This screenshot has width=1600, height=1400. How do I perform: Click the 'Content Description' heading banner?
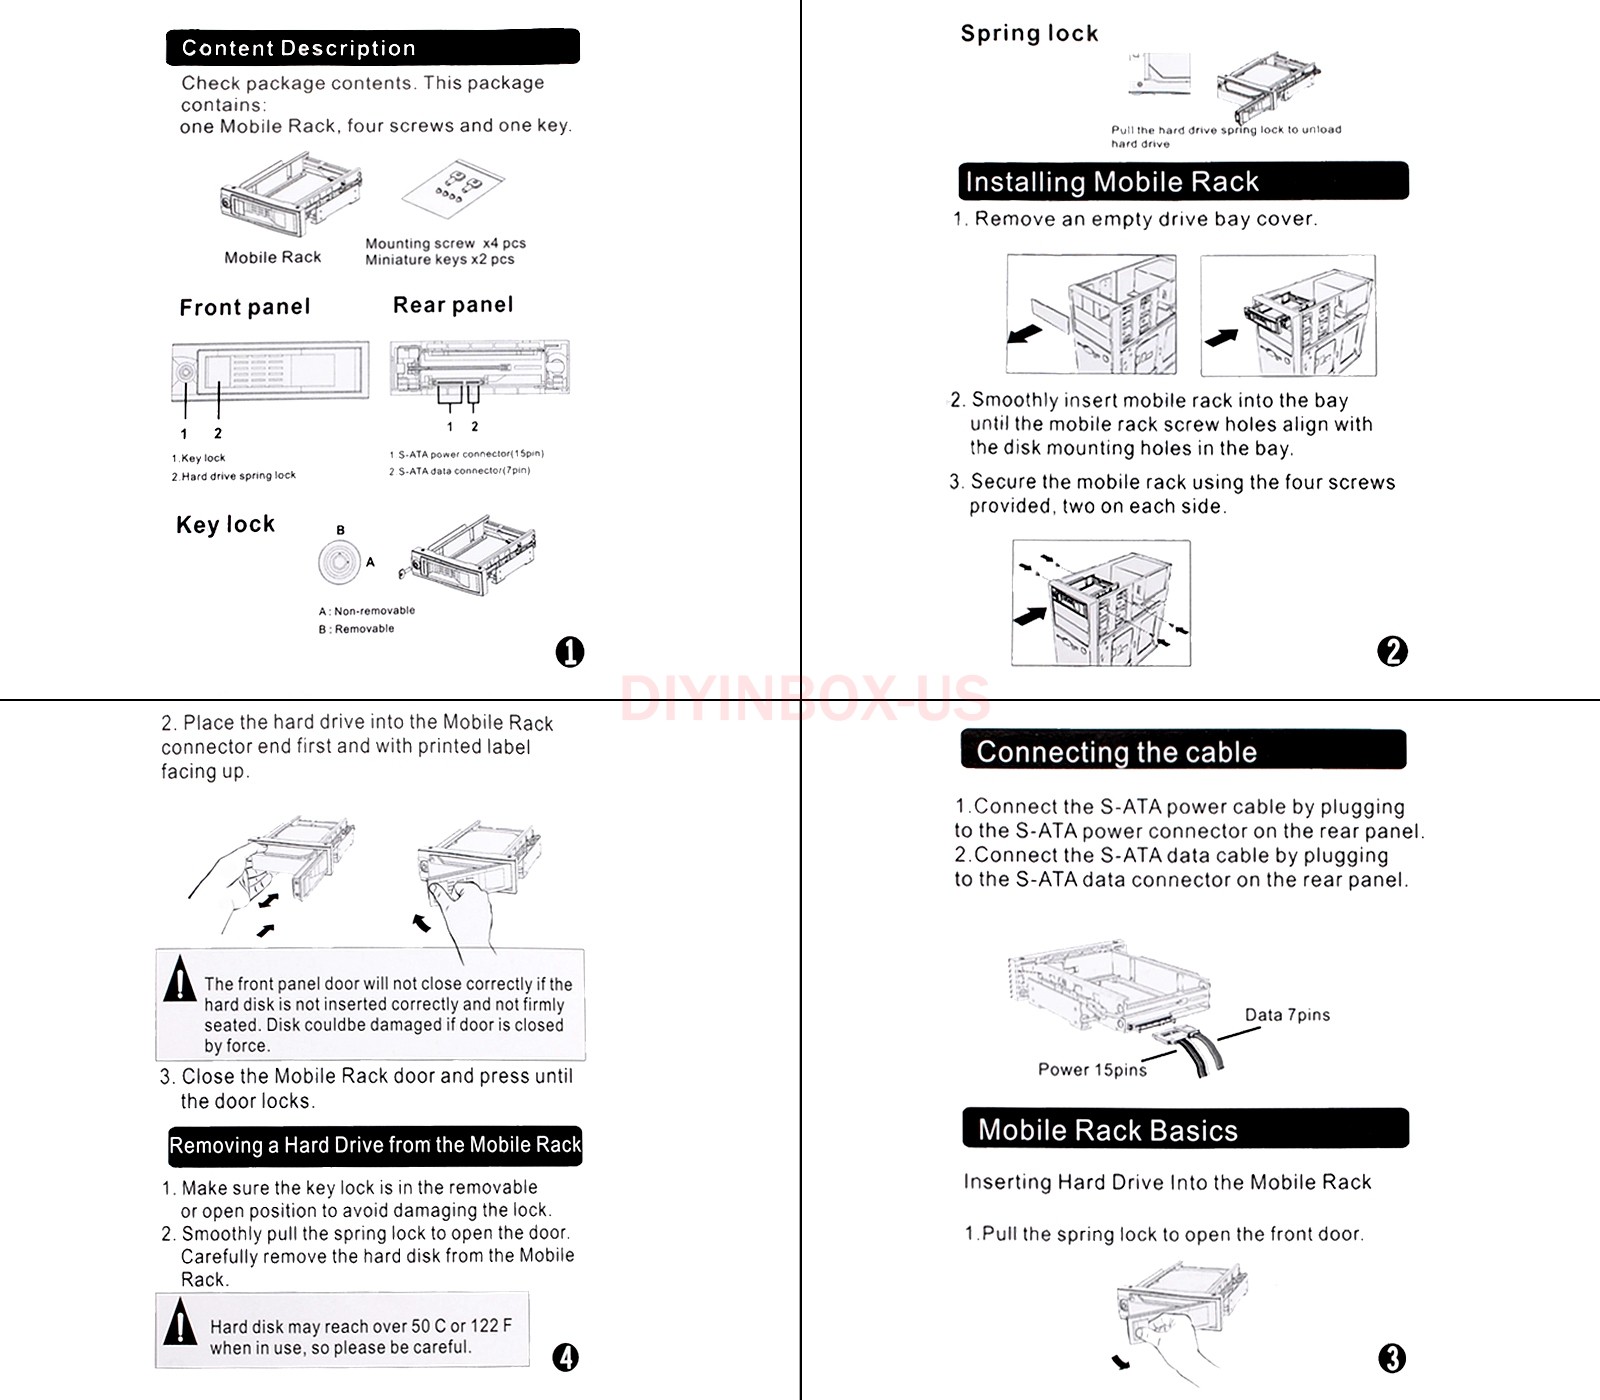372,48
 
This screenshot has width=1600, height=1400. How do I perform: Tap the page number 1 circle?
569,652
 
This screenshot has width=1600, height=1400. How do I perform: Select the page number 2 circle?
1392,651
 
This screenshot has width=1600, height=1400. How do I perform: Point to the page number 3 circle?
1391,1358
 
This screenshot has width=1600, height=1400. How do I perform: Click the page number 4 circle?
566,1357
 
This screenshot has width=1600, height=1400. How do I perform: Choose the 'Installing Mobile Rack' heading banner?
1182,182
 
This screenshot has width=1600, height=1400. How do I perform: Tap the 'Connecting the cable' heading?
1182,751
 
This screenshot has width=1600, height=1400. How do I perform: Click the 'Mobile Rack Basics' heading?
1184,1130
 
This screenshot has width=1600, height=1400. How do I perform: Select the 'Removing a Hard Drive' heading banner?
375,1145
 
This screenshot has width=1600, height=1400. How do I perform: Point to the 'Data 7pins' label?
1287,1015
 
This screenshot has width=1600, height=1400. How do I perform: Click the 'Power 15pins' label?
1092,1070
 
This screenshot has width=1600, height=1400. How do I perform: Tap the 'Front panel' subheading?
245,307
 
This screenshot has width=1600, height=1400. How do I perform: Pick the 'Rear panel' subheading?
453,305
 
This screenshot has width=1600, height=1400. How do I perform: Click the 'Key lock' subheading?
225,525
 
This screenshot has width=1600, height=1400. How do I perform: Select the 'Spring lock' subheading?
1029,34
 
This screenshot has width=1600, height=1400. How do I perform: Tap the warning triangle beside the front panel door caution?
180,980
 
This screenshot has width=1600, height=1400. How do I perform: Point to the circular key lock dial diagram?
338,562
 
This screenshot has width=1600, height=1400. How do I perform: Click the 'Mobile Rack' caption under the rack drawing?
272,258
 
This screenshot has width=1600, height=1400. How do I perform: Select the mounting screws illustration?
453,187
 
